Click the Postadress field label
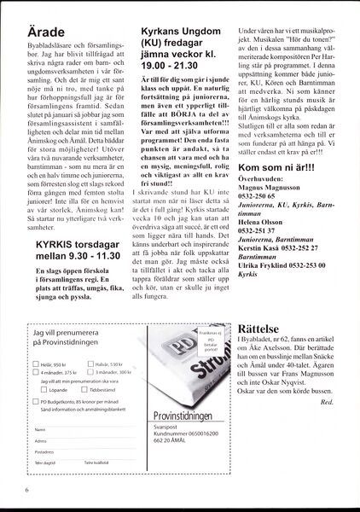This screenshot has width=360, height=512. pos(46,475)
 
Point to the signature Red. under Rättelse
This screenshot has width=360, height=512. pos(334,401)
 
